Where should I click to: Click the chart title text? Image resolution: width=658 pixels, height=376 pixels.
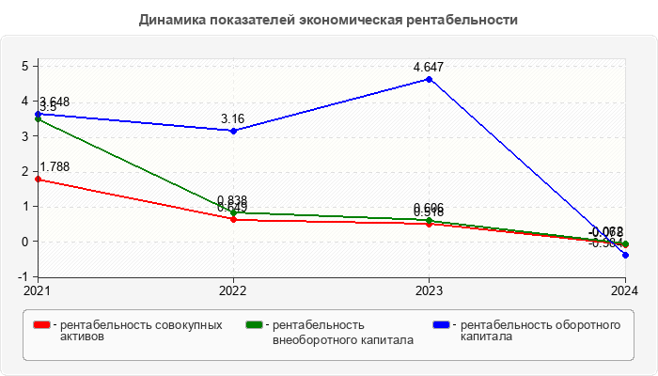click(x=328, y=20)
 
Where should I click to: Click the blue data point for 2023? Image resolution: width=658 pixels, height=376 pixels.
click(x=430, y=79)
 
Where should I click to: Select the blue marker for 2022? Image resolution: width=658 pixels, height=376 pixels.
click(x=233, y=131)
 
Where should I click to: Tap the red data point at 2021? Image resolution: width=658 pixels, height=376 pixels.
click(x=38, y=179)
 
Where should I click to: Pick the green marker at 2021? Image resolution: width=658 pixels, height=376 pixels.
click(x=38, y=118)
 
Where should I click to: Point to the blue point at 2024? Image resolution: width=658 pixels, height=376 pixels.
click(x=625, y=255)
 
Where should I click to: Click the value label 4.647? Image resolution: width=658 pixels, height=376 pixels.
click(x=430, y=67)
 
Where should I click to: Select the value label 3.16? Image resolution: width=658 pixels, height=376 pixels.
click(x=233, y=118)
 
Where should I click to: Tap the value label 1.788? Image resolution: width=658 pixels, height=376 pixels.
click(x=55, y=166)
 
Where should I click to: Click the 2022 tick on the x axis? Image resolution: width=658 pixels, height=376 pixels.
click(x=233, y=290)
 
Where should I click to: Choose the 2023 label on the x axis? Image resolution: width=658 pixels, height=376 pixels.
click(x=430, y=290)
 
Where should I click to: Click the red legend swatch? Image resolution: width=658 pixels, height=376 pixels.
click(x=41, y=325)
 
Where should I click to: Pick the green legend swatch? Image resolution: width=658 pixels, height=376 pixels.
click(x=253, y=325)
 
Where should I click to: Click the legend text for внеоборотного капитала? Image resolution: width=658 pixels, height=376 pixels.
click(x=342, y=332)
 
